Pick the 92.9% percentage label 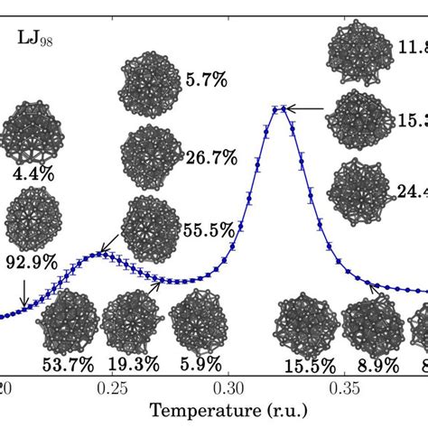33,264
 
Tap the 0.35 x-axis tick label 344,388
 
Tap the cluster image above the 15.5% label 303,324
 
